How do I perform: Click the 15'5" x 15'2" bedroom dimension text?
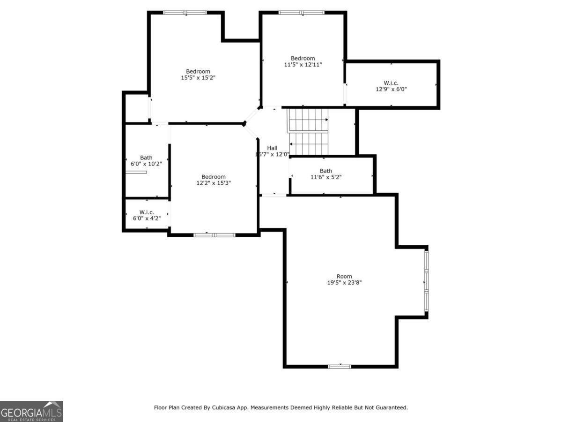198,78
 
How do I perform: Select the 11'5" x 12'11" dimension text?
303,64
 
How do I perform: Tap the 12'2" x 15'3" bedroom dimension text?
214,183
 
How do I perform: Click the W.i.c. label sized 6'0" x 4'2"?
146,212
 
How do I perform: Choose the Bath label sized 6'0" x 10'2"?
146,158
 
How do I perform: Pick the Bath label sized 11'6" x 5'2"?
326,171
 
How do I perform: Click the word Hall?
272,148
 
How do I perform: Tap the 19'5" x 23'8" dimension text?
344,283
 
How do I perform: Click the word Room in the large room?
344,276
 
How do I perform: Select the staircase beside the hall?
308,131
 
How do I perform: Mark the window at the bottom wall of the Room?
340,366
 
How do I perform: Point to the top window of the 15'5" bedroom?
185,13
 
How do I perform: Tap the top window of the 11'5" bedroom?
301,13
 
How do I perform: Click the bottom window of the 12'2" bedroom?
214,234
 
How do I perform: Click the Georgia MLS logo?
31,411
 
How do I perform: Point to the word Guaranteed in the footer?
392,407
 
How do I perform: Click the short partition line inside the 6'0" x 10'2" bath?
136,172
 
